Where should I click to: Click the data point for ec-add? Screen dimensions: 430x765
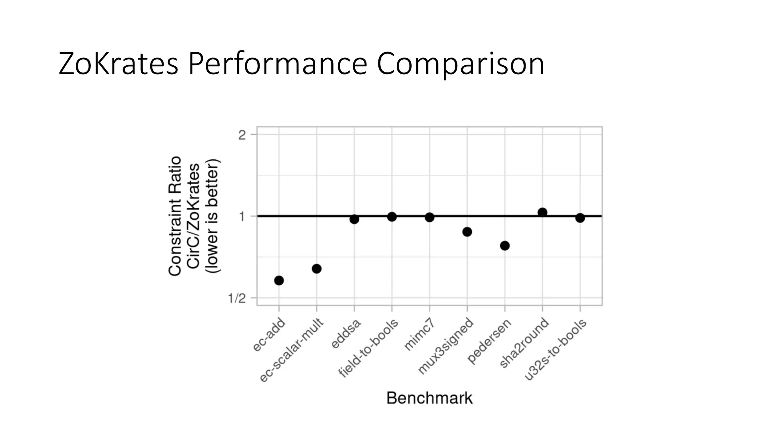coord(279,280)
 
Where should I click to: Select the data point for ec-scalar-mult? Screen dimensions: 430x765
coord(316,269)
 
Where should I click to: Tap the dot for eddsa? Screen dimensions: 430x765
coord(354,219)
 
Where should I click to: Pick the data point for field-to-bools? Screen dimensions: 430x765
coord(392,216)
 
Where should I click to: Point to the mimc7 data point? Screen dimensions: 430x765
coord(430,217)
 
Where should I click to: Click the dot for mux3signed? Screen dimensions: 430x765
coord(467,232)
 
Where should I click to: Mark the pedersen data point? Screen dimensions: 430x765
coord(505,246)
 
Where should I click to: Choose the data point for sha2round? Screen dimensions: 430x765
coord(542,212)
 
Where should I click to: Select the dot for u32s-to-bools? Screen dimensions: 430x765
coord(580,218)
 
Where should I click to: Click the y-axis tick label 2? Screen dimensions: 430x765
coord(242,135)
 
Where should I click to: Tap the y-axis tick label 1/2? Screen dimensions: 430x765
coord(237,298)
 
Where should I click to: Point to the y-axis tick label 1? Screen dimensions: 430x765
coord(242,216)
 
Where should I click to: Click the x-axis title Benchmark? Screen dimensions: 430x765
coord(429,398)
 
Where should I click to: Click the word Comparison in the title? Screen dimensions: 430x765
coord(460,65)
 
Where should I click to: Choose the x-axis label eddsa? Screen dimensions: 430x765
coord(346,334)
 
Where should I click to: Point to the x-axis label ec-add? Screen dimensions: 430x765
coord(269,335)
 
